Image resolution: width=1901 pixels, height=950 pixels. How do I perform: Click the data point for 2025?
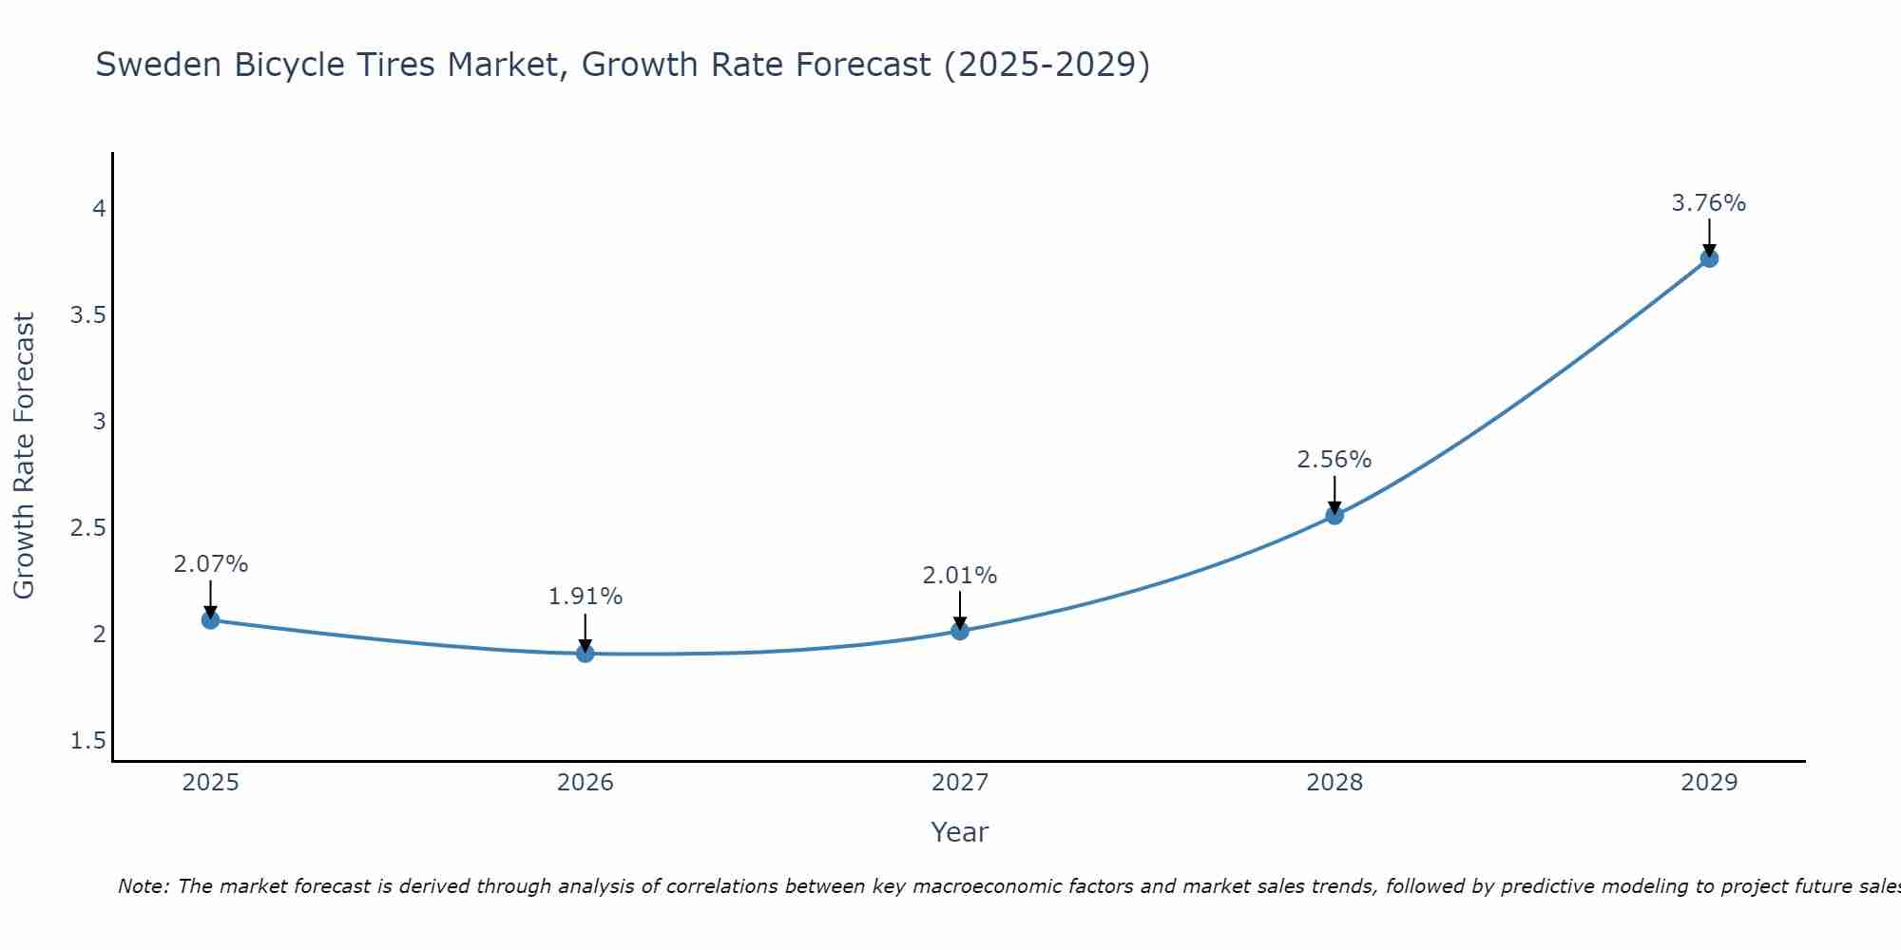[x=210, y=620]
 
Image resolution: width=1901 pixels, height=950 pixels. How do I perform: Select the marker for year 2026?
[x=585, y=654]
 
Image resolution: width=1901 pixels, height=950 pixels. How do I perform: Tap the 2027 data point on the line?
[x=959, y=631]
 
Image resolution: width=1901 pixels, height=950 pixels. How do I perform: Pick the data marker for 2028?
[x=1334, y=516]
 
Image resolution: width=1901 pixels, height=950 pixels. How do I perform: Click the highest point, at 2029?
[x=1708, y=258]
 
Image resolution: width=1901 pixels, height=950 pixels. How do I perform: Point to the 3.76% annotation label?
[x=1708, y=203]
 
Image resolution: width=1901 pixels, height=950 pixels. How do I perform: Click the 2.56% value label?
[x=1334, y=460]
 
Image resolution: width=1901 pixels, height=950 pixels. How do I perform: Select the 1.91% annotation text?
[x=585, y=597]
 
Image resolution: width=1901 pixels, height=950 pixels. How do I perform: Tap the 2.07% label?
[x=210, y=564]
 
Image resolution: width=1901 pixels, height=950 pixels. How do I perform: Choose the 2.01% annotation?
[x=959, y=576]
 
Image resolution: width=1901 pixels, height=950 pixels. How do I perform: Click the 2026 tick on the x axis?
[x=585, y=783]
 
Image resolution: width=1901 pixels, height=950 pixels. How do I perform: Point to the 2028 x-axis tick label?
[x=1334, y=783]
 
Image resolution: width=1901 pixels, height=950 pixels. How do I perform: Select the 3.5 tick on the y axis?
[x=87, y=315]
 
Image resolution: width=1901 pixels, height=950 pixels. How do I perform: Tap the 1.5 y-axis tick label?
[x=87, y=741]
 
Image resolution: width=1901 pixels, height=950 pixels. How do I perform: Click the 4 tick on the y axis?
[x=99, y=209]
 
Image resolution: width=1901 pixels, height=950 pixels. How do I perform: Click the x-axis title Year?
[x=959, y=832]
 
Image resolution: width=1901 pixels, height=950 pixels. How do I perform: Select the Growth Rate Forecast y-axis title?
[x=24, y=456]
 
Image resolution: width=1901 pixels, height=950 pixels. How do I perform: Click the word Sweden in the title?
[x=159, y=65]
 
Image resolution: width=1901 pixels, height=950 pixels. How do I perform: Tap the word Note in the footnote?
[x=142, y=886]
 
